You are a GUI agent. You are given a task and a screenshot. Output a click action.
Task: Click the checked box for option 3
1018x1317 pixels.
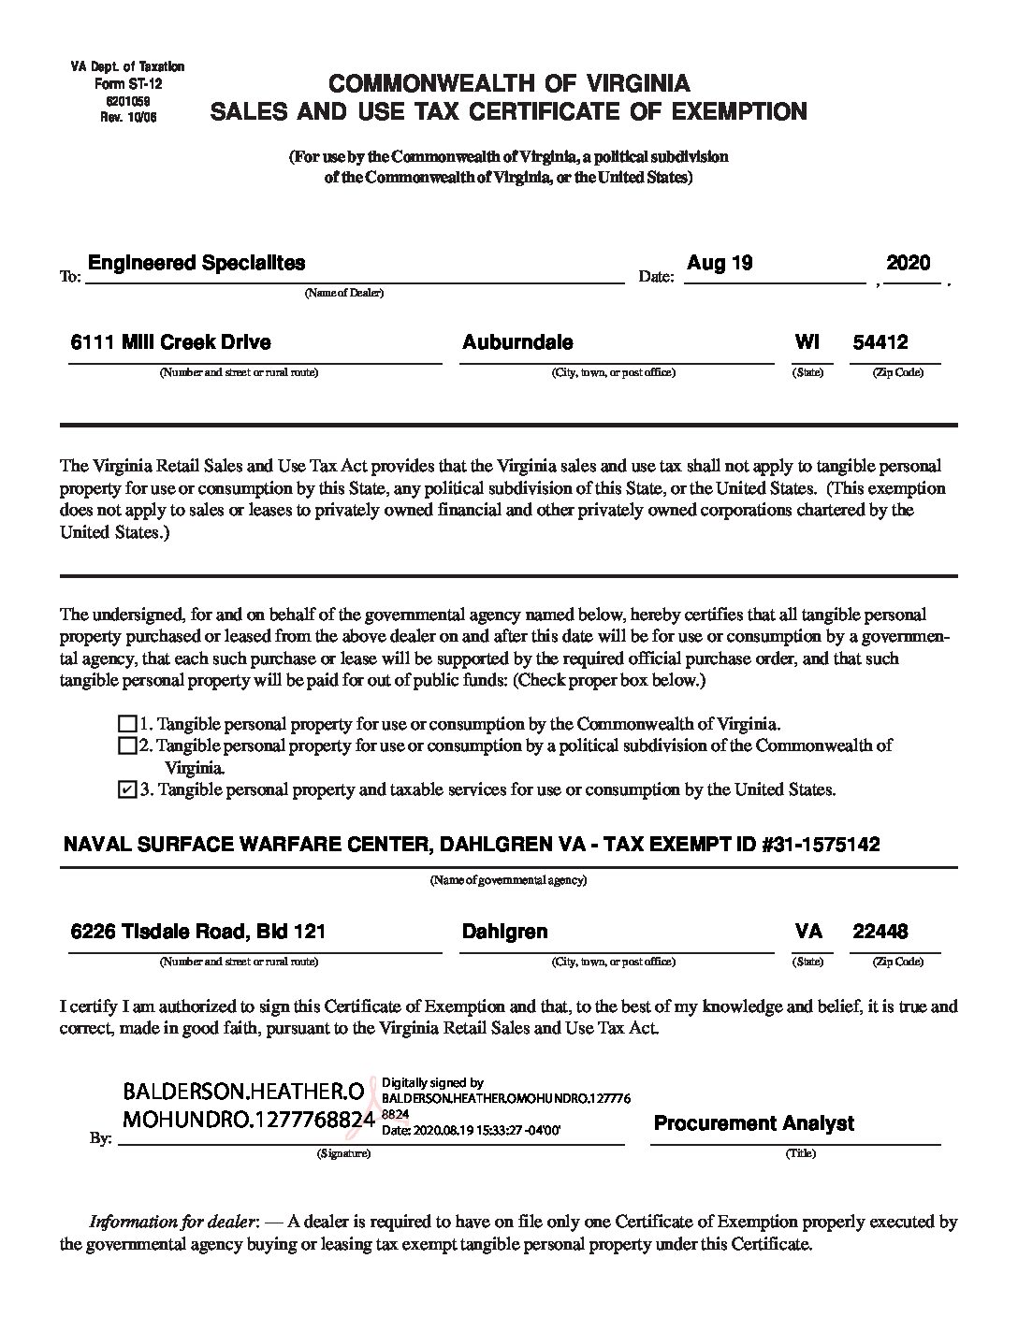(x=127, y=790)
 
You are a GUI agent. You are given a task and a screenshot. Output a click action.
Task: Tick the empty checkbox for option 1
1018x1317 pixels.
(x=127, y=724)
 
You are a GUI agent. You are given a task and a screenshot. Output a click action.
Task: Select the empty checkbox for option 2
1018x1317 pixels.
(x=127, y=745)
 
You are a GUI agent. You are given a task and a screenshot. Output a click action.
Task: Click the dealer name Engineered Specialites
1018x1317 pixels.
(x=196, y=263)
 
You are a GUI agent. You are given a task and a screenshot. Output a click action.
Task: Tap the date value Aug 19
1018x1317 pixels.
(x=719, y=263)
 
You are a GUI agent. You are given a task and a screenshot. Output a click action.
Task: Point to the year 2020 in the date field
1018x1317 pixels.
(x=908, y=263)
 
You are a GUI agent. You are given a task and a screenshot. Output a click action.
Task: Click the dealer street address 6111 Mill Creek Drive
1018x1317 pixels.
(x=171, y=343)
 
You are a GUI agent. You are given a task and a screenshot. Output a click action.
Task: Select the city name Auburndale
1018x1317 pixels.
(x=517, y=343)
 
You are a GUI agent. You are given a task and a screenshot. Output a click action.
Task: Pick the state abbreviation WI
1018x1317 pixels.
(x=807, y=343)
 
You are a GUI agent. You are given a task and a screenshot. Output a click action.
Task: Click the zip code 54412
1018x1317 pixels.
(x=880, y=343)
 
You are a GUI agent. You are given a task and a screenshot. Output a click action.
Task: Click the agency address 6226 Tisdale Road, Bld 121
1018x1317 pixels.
(x=198, y=932)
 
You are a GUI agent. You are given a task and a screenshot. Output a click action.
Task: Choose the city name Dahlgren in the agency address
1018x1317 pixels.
(x=504, y=932)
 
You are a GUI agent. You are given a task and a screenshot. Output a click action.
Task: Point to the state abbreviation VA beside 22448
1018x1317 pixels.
(x=808, y=932)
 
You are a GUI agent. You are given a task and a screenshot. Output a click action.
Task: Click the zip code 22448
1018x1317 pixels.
(x=880, y=932)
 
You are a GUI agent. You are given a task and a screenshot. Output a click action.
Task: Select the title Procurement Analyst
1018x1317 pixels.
(x=753, y=1123)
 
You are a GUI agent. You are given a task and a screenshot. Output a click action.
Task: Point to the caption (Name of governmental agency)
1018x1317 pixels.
(x=508, y=881)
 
